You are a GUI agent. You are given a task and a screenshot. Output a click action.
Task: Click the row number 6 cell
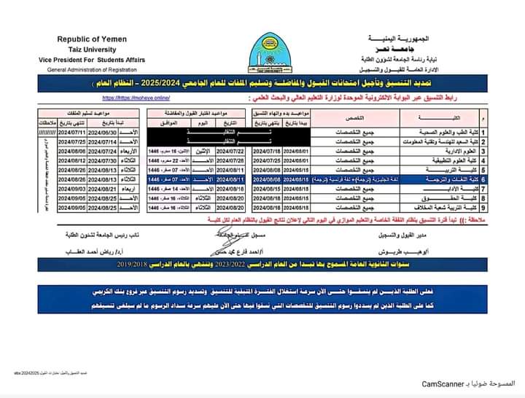(x=483, y=178)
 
